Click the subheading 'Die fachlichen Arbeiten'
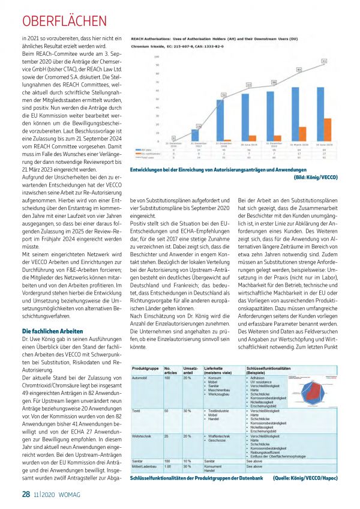[x=53, y=331]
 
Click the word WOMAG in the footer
[x=71, y=494]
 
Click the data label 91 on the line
[x=324, y=61]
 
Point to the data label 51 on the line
[x=224, y=95]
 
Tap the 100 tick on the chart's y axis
[x=157, y=56]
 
